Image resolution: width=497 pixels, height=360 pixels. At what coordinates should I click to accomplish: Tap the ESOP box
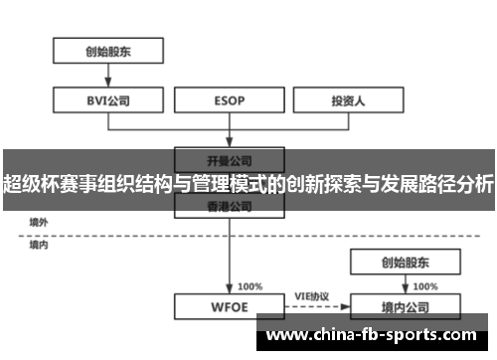[x=231, y=99]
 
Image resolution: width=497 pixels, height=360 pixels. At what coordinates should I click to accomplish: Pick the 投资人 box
[x=347, y=99]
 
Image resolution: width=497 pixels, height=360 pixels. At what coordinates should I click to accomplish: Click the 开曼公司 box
[x=231, y=158]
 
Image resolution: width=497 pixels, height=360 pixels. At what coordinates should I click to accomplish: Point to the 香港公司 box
[x=231, y=206]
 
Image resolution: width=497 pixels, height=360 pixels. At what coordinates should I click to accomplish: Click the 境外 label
[x=39, y=221]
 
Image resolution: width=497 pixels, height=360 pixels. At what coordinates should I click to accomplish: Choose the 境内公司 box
[x=406, y=306]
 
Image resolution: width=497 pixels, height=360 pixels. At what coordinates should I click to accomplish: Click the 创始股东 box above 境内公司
[x=406, y=263]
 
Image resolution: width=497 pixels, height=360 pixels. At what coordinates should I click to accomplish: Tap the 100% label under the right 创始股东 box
[x=424, y=286]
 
